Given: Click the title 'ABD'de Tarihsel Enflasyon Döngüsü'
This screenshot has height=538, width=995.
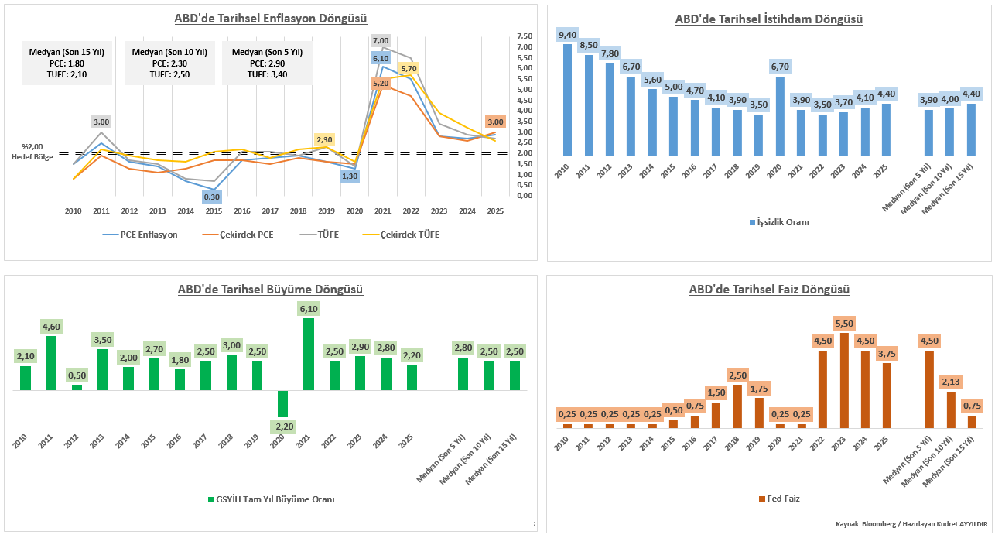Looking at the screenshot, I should pyautogui.click(x=271, y=19).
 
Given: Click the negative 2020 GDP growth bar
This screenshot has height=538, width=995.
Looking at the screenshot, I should pyautogui.click(x=282, y=403).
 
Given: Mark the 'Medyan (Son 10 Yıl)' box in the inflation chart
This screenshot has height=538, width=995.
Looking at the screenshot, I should pyautogui.click(x=169, y=63).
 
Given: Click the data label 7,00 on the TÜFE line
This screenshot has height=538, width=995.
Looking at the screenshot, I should pyautogui.click(x=380, y=40).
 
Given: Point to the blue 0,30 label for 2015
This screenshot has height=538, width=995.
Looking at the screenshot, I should pyautogui.click(x=212, y=197).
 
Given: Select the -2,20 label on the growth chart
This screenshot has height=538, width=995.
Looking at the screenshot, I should pyautogui.click(x=282, y=426).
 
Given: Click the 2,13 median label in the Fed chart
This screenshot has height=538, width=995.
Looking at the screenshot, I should pyautogui.click(x=951, y=382).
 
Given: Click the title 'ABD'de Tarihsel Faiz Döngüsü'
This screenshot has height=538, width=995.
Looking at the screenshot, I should pyautogui.click(x=769, y=290).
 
